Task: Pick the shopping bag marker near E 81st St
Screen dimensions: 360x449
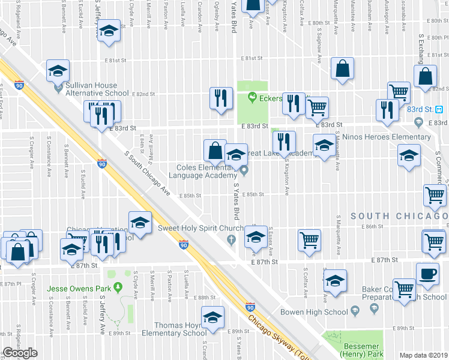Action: pyautogui.click(x=342, y=69)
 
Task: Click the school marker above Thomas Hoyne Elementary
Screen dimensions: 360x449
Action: pyautogui.click(x=212, y=317)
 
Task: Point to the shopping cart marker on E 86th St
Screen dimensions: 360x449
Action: pyautogui.click(x=309, y=239)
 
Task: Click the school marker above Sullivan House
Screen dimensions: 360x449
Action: pyautogui.click(x=58, y=72)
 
